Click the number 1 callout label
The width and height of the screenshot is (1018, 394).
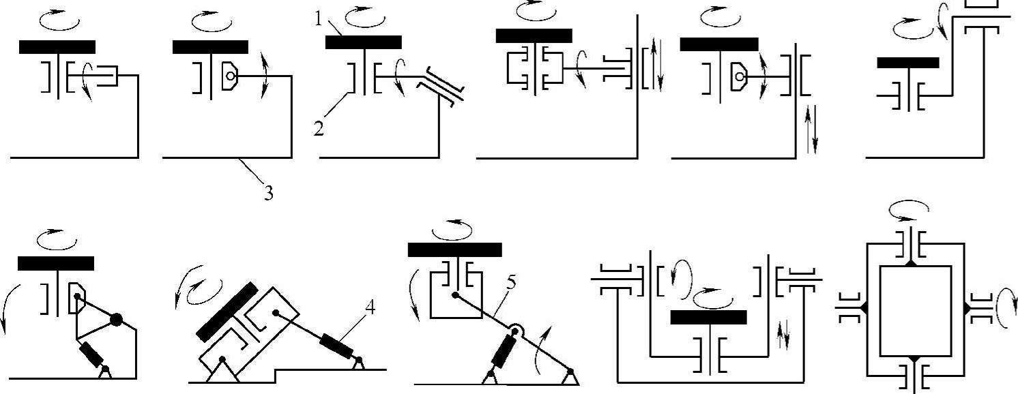click(318, 19)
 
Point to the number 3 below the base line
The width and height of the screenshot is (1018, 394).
click(269, 194)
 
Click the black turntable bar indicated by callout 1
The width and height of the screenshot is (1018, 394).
click(363, 42)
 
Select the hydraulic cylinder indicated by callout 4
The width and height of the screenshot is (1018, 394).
click(338, 346)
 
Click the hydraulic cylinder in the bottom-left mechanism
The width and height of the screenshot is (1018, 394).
click(92, 355)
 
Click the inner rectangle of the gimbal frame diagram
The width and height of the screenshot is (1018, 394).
click(915, 309)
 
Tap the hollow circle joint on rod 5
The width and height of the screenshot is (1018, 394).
click(517, 332)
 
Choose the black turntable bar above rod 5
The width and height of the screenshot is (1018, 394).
click(454, 249)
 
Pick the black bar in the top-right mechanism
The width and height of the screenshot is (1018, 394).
click(907, 63)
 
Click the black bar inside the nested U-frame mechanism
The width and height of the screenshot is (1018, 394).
click(708, 317)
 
